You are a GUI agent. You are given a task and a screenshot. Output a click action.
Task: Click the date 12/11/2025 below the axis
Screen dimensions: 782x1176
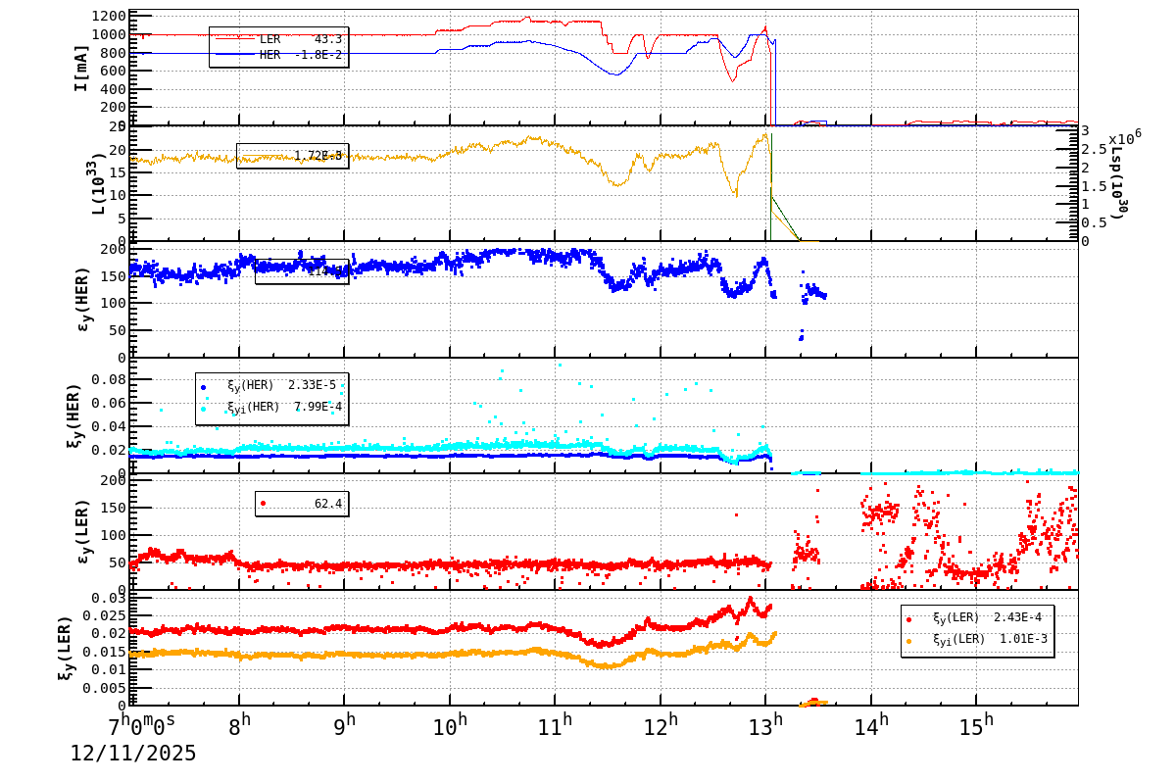click(x=133, y=754)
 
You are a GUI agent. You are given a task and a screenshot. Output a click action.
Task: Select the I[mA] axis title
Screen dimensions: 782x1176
click(x=81, y=68)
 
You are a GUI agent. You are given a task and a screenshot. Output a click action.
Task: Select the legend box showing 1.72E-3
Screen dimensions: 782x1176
click(x=292, y=156)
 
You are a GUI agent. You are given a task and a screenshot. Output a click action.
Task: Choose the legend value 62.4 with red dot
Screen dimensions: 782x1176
click(x=302, y=504)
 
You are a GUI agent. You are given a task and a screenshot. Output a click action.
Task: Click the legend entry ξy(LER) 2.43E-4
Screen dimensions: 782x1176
click(x=977, y=618)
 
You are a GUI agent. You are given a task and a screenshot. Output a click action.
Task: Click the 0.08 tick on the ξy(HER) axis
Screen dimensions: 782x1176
click(x=109, y=380)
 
